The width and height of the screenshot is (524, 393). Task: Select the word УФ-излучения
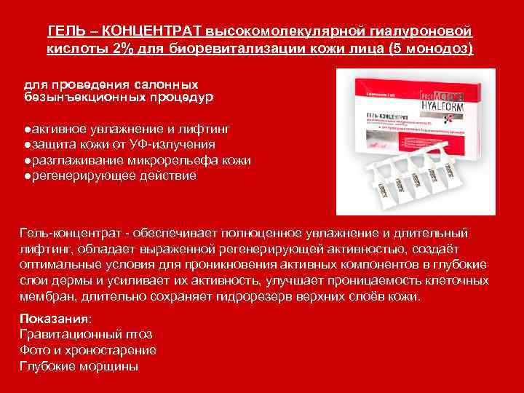click(170, 144)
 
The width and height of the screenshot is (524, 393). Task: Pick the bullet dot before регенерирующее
click(25, 176)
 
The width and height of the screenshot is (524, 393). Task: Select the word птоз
click(138, 335)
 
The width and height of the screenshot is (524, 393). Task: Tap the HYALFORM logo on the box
click(445, 105)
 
